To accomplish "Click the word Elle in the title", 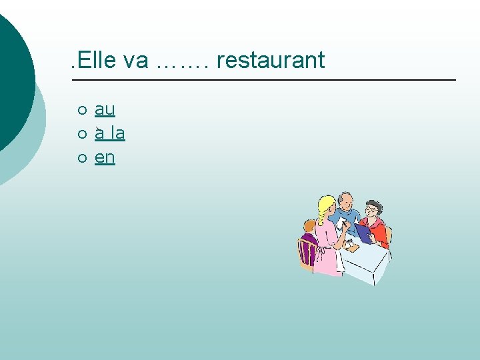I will pos(97,60).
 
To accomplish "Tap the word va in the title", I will pos(136,60).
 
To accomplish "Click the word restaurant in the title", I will pos(271,60).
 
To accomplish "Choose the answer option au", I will pos(105,109).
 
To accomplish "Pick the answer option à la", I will pos(110,133).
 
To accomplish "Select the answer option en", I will pos(105,157).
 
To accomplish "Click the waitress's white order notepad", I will pos(341,223).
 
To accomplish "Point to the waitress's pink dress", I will pos(327,250).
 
